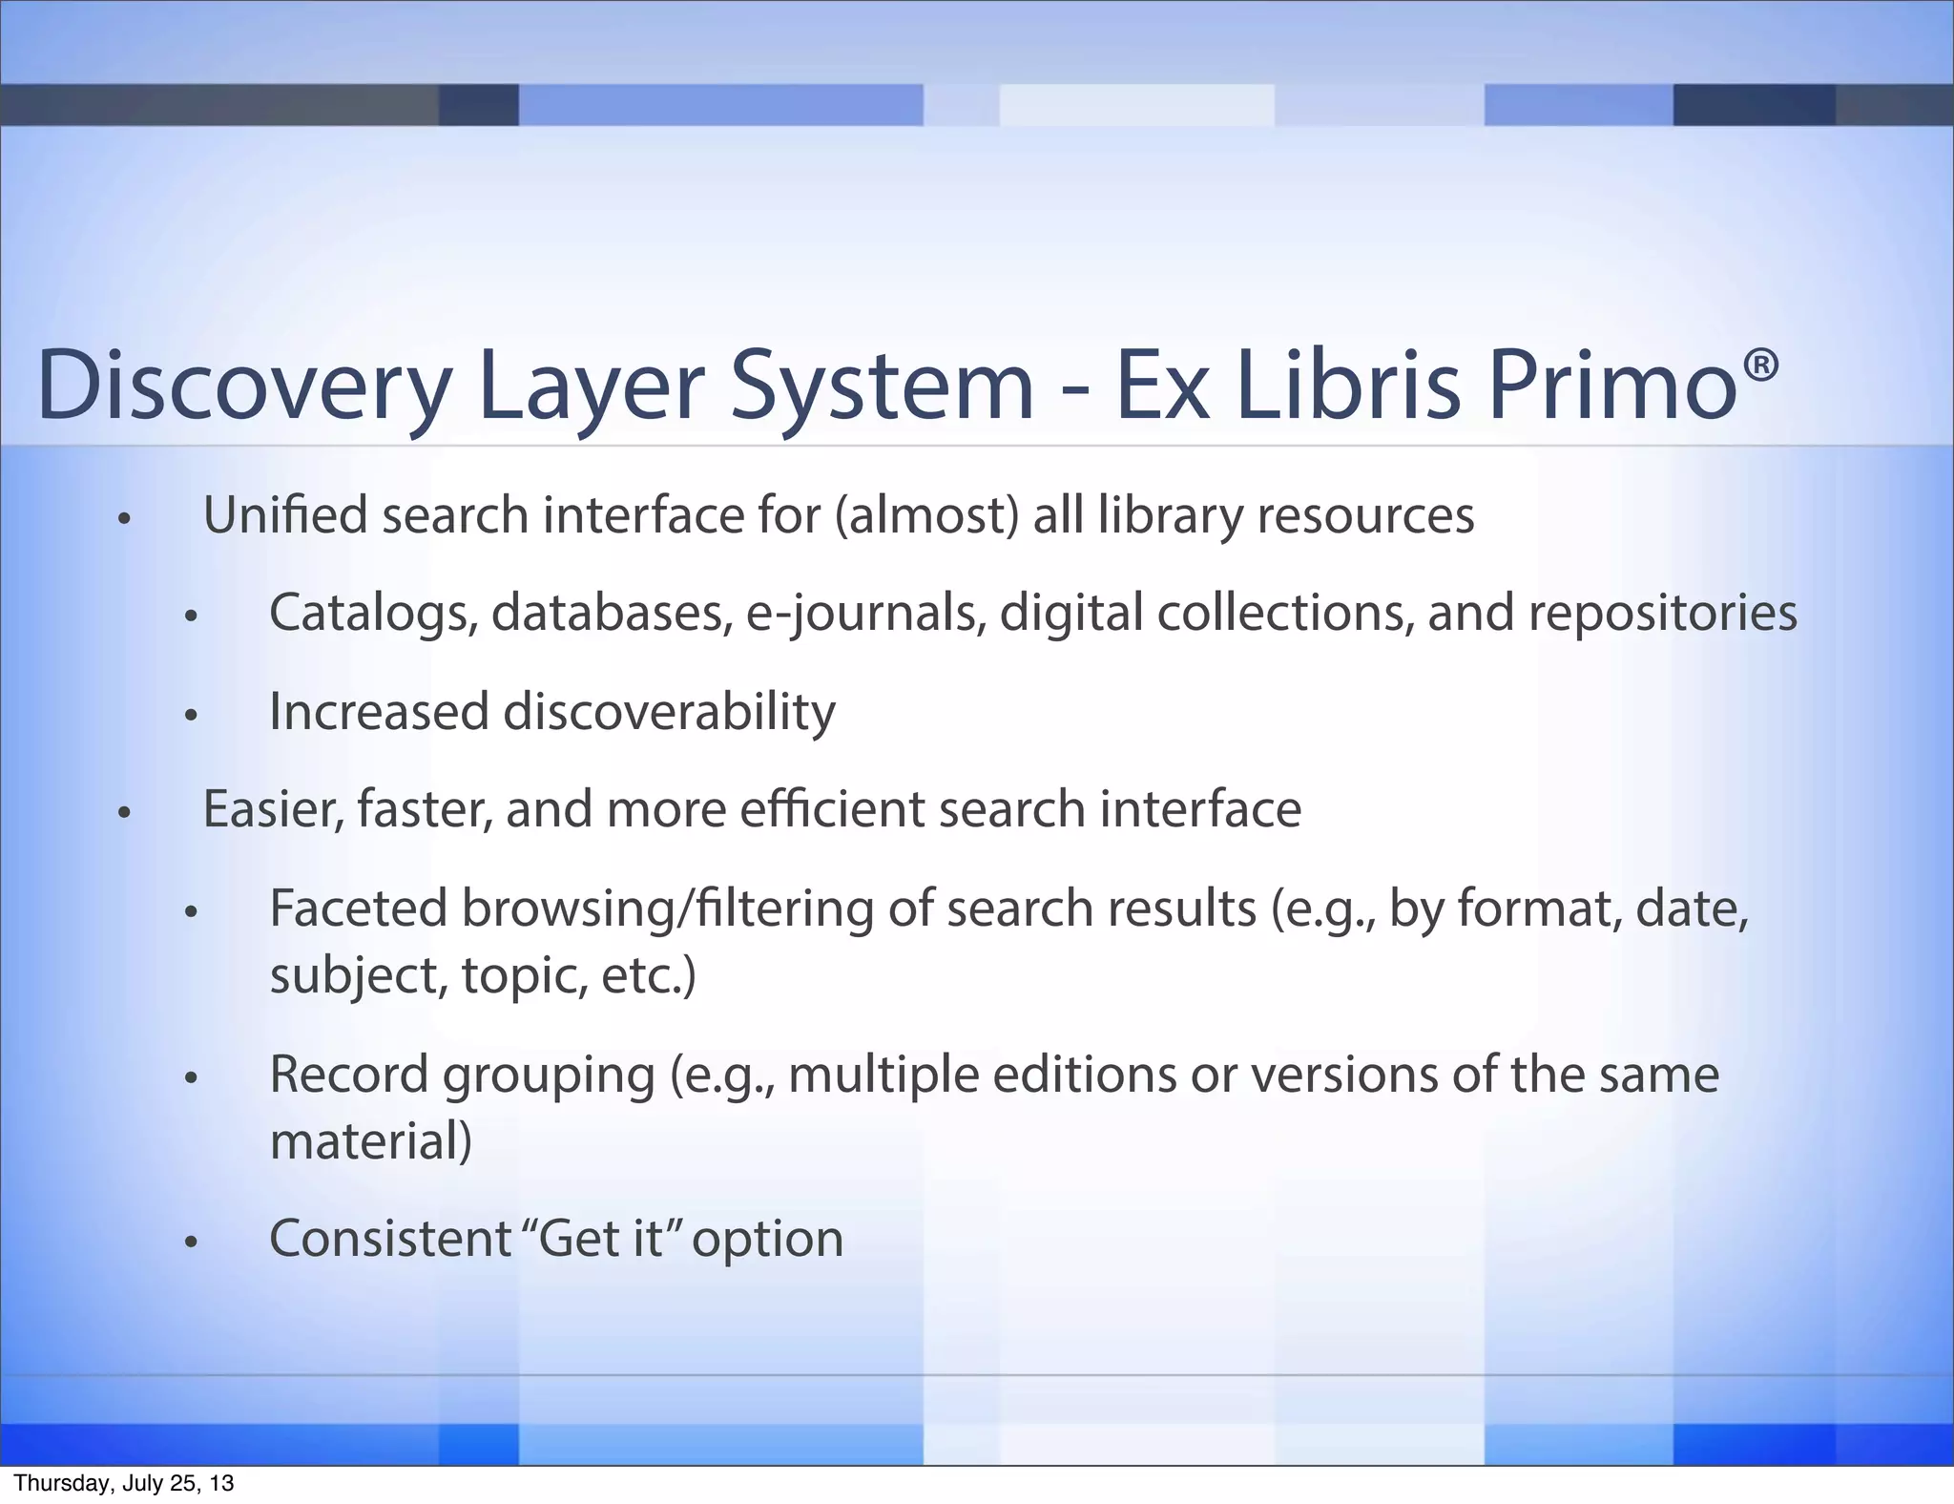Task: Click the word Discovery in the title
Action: [243, 386]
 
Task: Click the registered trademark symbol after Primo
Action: [1760, 365]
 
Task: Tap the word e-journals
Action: [864, 613]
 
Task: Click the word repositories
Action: [1662, 613]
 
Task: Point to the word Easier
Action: [273, 809]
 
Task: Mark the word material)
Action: [371, 1141]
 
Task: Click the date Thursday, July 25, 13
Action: [123, 1483]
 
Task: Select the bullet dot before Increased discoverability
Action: [191, 715]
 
